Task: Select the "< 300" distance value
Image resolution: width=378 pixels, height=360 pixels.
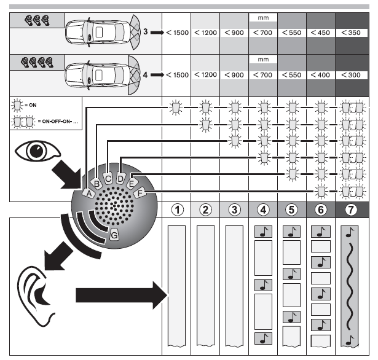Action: tap(352, 75)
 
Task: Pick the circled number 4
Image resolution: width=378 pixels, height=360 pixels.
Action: tap(263, 209)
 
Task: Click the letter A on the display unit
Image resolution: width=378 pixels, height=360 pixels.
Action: tap(88, 193)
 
